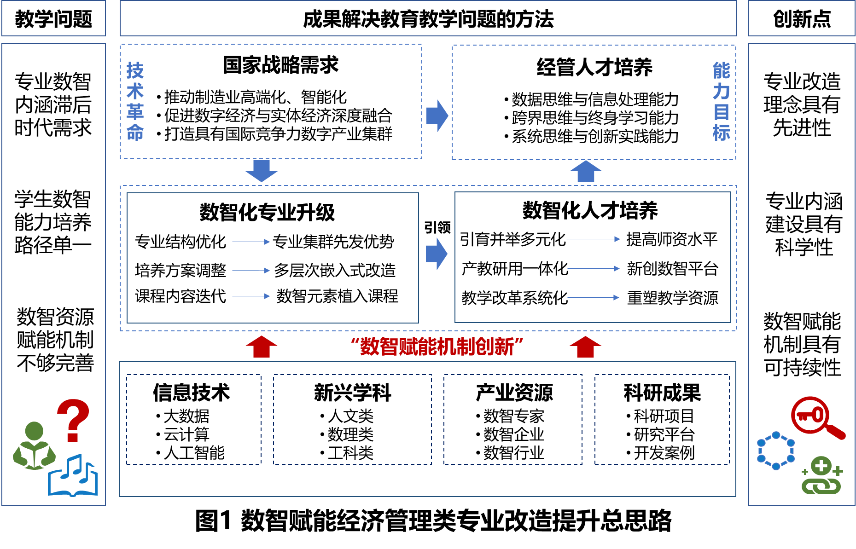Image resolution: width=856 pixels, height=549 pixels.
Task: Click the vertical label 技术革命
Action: click(135, 102)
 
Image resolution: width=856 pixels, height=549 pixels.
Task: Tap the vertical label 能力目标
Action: click(721, 102)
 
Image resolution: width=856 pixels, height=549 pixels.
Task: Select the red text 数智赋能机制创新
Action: click(437, 347)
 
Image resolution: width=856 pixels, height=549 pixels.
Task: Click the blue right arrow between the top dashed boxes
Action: click(437, 116)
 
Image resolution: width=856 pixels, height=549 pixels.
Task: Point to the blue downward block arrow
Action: click(262, 171)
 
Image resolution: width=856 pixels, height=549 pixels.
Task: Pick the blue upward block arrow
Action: click(586, 171)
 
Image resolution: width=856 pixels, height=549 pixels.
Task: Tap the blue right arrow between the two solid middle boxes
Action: click(437, 254)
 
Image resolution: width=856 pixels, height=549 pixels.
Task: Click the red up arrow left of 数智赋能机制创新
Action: click(262, 347)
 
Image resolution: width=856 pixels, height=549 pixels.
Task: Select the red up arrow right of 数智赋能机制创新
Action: click(585, 347)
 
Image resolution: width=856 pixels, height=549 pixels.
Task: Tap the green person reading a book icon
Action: click(34, 446)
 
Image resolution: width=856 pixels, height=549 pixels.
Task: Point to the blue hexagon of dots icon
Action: click(776, 451)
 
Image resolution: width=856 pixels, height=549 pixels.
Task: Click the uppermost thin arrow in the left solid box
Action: click(251, 242)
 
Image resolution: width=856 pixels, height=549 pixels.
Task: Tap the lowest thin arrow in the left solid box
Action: click(251, 296)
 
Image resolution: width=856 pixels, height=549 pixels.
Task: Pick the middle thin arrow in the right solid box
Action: click(593, 268)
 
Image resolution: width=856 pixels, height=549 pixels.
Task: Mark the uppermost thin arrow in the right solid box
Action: click(593, 239)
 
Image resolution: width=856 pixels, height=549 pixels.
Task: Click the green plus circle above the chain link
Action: click(821, 466)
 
